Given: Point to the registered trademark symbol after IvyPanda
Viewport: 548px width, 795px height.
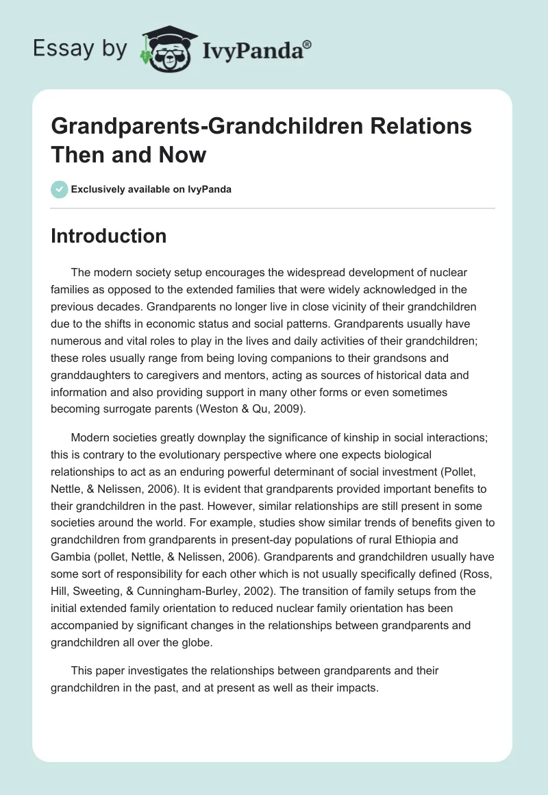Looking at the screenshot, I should click(x=308, y=44).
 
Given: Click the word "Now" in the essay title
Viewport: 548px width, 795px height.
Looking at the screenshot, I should click(x=182, y=154).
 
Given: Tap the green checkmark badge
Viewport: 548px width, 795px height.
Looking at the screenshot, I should click(x=59, y=189).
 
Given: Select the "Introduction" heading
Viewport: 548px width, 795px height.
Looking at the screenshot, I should click(x=108, y=236).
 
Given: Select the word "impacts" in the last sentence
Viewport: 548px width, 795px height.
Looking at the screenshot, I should click(x=355, y=687).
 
